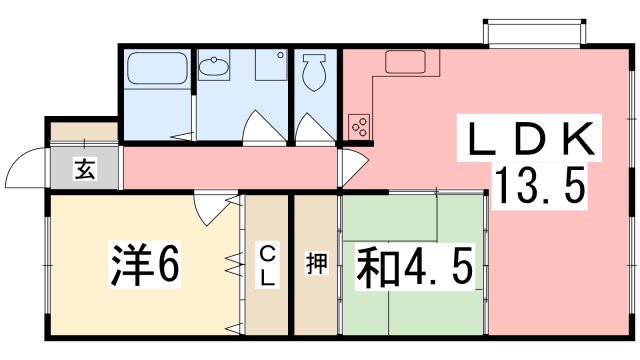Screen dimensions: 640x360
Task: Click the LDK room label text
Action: pos(530,139)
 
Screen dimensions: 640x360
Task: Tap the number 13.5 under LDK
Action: pos(540,185)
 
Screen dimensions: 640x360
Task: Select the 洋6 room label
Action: pos(145,264)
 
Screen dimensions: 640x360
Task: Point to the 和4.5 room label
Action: pos(415,267)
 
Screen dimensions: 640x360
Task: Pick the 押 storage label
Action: pos(316,264)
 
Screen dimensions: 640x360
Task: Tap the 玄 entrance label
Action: pos(85,168)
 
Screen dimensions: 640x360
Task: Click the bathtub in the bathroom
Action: pos(158,68)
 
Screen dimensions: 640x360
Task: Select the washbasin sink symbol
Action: pos(213,66)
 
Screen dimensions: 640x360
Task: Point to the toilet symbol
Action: pos(314,72)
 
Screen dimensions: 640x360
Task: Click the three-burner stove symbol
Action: pos(359,126)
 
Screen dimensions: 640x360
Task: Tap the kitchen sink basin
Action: pos(405,62)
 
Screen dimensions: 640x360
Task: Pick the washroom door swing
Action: pos(264,126)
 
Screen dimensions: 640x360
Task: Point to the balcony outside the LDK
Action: pos(534,32)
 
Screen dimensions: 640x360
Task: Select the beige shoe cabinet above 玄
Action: pos(84,131)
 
